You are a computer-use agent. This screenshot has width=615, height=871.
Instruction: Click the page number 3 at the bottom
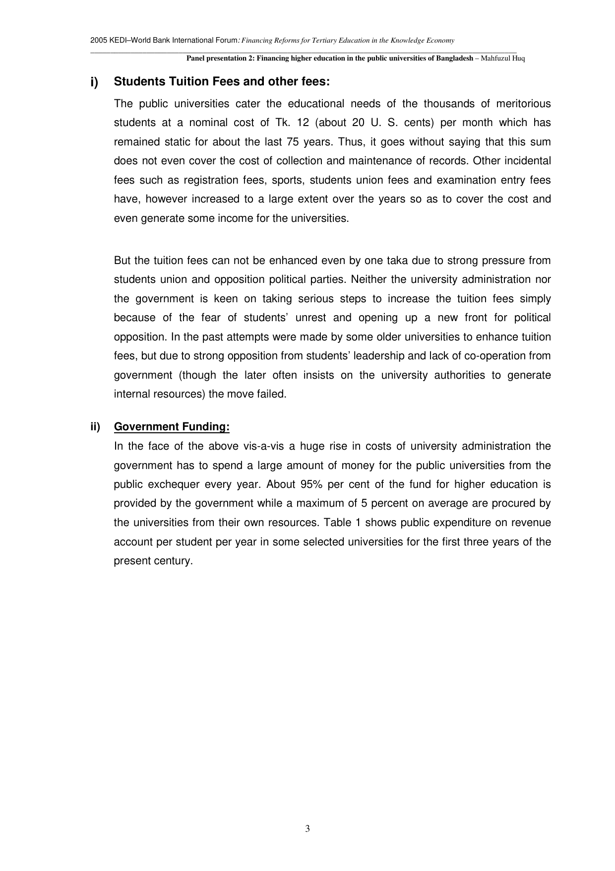(x=307, y=828)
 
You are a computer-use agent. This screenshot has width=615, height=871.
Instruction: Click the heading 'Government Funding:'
(x=172, y=427)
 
